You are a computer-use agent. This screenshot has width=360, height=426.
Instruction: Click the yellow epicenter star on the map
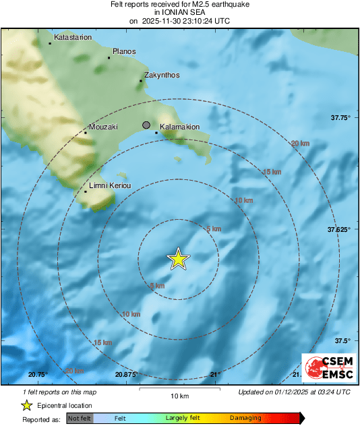point(178,259)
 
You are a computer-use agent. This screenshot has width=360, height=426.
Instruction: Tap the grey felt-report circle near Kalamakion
point(146,125)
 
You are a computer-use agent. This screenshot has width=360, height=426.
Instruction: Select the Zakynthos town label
point(162,75)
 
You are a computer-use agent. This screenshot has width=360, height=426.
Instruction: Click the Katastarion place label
point(73,38)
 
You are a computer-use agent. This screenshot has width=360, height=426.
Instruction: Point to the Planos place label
point(124,52)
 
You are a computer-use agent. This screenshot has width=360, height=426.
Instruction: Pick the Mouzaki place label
point(103,127)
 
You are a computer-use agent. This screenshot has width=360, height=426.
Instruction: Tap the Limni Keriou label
point(109,185)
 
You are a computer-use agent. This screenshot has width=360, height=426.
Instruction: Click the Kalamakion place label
point(179,127)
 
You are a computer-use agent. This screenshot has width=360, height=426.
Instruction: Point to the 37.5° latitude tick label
point(343,340)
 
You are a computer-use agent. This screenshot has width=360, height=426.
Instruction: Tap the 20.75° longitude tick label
point(38,374)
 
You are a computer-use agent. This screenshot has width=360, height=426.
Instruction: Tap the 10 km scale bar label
point(179,396)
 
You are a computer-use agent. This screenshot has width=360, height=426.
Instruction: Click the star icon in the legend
point(26,405)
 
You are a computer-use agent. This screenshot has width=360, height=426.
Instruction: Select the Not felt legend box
point(80,419)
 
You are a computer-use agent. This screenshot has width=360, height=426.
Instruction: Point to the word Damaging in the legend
point(245,419)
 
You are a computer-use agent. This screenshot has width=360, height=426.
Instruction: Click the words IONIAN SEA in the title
point(179,12)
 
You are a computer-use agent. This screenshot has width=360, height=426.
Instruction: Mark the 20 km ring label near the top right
point(300,144)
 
